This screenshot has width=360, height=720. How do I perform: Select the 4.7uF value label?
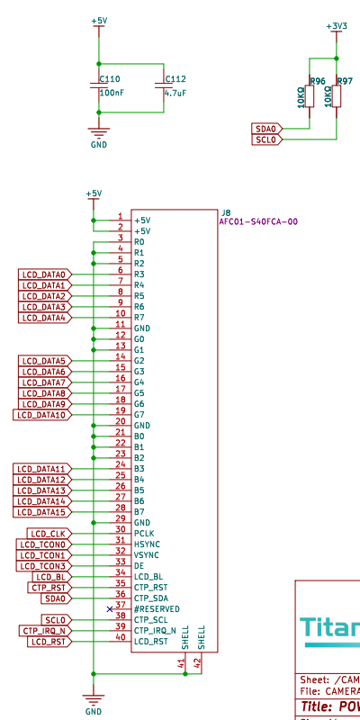176,93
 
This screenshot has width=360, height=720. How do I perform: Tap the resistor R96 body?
310,94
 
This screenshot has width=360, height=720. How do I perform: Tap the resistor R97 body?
337,94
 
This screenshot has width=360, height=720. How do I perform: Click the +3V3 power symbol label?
337,26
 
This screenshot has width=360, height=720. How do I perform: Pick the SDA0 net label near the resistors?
267,130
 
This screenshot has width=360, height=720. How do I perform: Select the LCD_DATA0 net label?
44,274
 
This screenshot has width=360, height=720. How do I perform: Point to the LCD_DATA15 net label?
41,512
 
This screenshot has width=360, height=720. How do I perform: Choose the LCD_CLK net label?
48,534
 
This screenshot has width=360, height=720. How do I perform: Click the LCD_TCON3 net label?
43,566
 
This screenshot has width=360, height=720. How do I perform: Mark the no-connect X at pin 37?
110,609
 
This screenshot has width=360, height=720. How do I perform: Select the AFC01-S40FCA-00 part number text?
258,221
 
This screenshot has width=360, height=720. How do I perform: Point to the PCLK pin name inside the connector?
144,534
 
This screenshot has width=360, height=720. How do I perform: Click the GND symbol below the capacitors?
98,138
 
